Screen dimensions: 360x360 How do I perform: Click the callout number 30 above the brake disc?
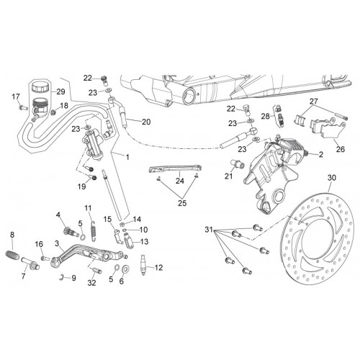click(x=332, y=178)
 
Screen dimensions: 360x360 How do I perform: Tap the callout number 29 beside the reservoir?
click(x=60, y=91)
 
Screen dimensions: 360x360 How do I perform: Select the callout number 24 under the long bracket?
click(x=180, y=181)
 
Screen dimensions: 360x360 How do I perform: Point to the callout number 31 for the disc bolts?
click(x=209, y=230)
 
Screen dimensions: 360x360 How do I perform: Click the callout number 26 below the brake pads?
click(x=341, y=149)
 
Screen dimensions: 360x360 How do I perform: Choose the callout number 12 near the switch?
click(x=158, y=267)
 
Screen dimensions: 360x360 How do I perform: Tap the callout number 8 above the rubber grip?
click(x=12, y=235)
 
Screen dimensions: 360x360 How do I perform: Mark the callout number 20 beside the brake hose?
click(x=146, y=122)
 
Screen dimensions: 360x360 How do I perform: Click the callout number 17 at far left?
click(x=16, y=97)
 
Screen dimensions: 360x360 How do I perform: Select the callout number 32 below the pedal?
click(x=91, y=283)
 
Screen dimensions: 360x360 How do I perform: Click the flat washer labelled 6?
click(x=125, y=269)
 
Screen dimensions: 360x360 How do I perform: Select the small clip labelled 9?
click(x=61, y=276)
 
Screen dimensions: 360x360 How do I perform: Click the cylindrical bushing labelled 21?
click(x=238, y=164)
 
